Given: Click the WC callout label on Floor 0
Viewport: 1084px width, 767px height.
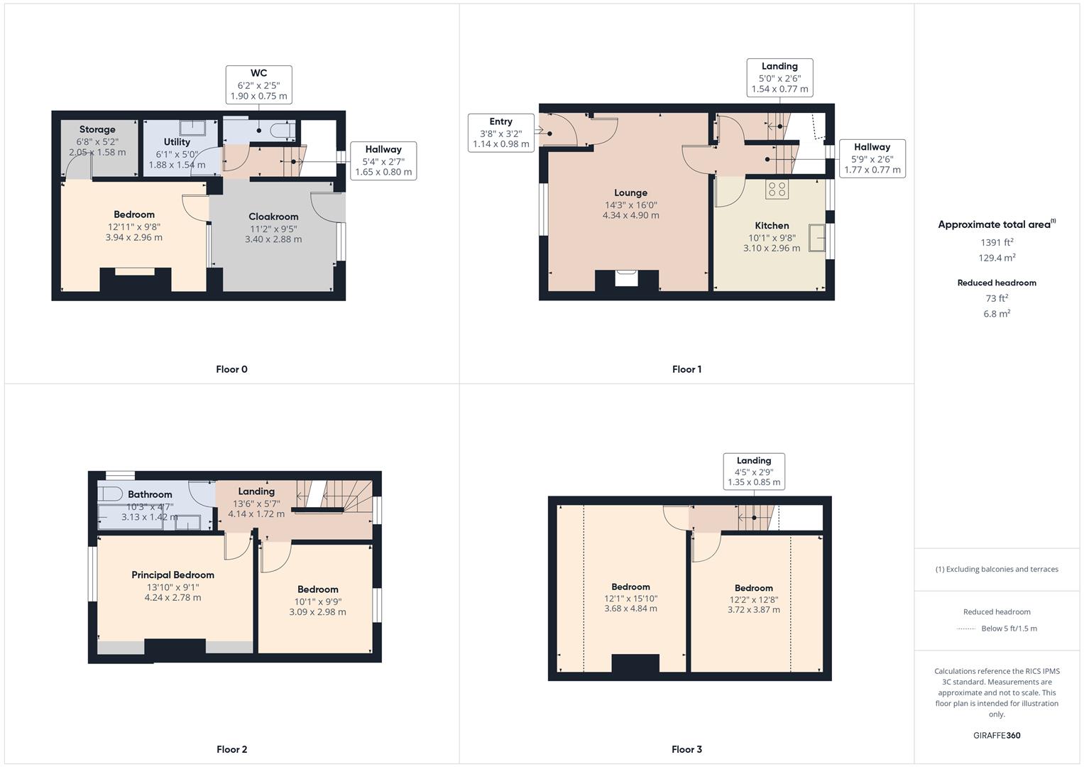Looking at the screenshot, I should click(258, 85).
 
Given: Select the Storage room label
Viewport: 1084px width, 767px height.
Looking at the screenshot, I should click(97, 129).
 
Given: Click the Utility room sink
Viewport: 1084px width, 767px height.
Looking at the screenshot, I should click(192, 128).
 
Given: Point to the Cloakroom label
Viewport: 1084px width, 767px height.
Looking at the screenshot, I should click(273, 217).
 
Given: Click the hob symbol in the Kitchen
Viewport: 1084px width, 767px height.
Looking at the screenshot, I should click(777, 189).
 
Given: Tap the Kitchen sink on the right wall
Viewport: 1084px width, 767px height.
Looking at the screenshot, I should click(817, 239).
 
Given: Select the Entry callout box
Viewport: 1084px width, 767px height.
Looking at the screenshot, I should click(500, 133).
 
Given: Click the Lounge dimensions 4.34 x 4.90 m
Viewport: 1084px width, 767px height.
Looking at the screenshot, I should click(630, 215).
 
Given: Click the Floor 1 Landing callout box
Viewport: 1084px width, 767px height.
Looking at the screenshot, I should click(779, 77).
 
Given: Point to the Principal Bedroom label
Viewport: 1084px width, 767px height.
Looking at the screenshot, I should click(173, 575).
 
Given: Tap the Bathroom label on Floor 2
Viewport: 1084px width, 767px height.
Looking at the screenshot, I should click(150, 494).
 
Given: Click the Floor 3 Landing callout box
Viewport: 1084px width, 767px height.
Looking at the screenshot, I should click(753, 471).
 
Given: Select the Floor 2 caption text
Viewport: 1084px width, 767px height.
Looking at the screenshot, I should click(231, 749).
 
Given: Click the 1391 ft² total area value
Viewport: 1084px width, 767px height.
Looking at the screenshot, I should click(997, 242).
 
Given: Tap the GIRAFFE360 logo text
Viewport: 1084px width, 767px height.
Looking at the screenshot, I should click(997, 735).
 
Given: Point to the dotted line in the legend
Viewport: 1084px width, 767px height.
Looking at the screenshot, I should click(966, 629).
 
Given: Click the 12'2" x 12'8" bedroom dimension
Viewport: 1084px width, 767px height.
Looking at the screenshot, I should click(753, 599).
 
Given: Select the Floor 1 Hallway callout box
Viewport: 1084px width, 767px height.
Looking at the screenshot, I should click(872, 158).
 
